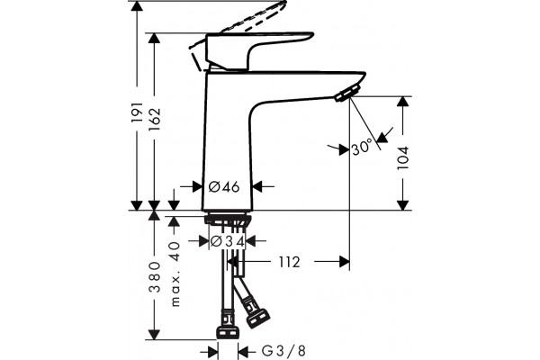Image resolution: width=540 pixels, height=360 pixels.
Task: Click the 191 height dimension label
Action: tap(138, 112)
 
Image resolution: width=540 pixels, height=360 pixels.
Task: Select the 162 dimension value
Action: tap(155, 119)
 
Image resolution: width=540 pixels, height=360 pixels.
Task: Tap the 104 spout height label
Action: tap(402, 157)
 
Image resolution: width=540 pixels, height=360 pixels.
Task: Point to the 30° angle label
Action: tap(363, 147)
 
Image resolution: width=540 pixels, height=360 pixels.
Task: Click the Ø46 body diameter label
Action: tap(224, 186)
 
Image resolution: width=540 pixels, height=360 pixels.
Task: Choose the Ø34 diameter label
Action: tap(228, 241)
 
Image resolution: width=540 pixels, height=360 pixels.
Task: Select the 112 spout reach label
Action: tap(289, 262)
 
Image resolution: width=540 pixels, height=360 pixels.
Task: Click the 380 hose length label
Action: tap(155, 277)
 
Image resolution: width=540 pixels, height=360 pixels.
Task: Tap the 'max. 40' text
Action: tap(175, 274)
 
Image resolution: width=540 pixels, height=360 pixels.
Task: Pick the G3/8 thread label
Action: tap(283, 351)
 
